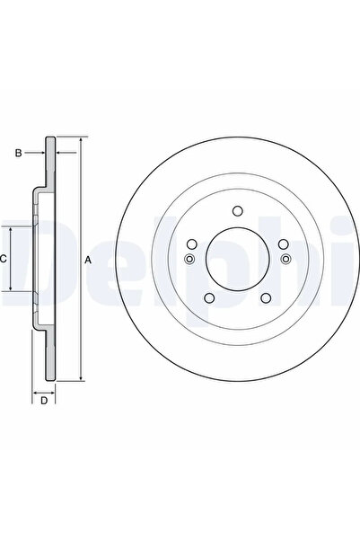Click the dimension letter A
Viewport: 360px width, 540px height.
point(88,261)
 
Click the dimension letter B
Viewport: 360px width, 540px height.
point(17,154)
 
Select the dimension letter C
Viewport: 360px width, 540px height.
point(4,259)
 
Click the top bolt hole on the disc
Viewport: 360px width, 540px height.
point(237,211)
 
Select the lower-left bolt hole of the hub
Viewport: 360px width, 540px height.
point(207,299)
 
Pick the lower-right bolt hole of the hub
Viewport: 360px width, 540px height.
point(268,299)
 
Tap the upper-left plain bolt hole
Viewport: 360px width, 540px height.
point(191,244)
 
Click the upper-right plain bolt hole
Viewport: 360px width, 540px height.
point(283,244)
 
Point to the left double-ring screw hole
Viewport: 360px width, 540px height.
point(189,261)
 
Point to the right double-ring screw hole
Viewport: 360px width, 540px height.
point(285,261)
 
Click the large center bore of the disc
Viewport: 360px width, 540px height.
point(237,261)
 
